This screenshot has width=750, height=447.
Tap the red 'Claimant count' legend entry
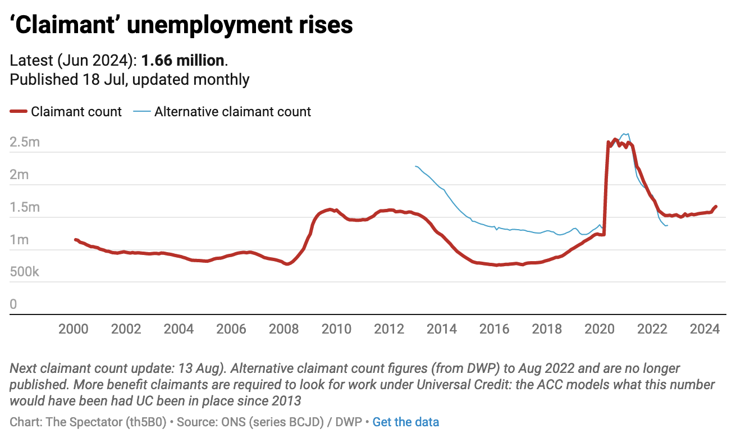66,112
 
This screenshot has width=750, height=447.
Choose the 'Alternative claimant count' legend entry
222,112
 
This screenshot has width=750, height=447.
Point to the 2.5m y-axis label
25,142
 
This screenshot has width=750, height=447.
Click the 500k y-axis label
25,272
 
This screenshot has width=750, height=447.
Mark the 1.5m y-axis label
25,207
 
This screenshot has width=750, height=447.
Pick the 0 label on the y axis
13,305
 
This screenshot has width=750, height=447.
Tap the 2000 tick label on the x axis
73,329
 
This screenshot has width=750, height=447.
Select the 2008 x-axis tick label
283,329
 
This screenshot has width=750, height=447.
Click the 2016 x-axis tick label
494,329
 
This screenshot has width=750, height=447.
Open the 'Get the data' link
405,422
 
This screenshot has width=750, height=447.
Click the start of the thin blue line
415,166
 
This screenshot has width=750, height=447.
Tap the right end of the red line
716,207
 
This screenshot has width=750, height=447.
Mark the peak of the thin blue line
626,134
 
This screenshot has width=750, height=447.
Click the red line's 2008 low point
287,263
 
